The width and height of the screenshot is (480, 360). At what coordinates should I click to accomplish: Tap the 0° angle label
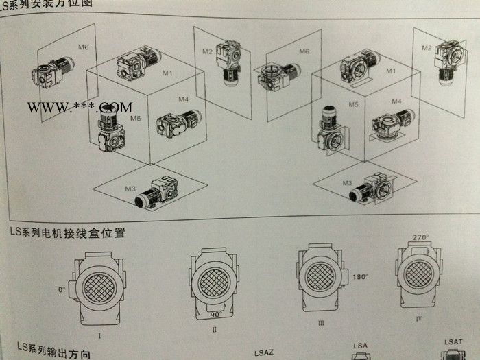62,290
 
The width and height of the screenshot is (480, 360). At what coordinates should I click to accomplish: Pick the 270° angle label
420,237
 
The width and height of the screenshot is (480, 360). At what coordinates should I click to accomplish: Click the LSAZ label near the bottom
265,352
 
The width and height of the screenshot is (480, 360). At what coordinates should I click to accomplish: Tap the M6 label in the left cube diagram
83,47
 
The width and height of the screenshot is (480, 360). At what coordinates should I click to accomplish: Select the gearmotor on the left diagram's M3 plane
159,188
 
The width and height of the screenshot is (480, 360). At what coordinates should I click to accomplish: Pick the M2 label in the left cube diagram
207,51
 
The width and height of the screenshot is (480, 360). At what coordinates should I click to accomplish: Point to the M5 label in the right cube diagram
353,105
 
